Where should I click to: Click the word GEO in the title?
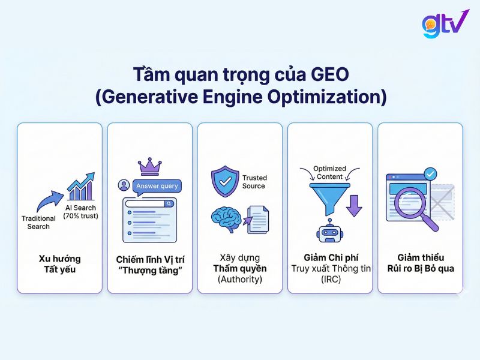click(329, 76)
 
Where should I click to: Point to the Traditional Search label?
click(38, 223)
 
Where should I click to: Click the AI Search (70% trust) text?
click(80, 212)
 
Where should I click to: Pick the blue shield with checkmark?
click(224, 181)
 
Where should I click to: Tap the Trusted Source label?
click(254, 182)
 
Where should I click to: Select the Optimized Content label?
click(329, 173)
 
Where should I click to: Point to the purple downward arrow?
click(355, 204)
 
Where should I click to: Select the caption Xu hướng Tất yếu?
click(59, 263)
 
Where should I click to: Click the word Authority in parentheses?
click(239, 279)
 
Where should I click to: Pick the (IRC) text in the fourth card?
click(329, 279)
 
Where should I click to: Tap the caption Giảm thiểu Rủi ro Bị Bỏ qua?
click(420, 263)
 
